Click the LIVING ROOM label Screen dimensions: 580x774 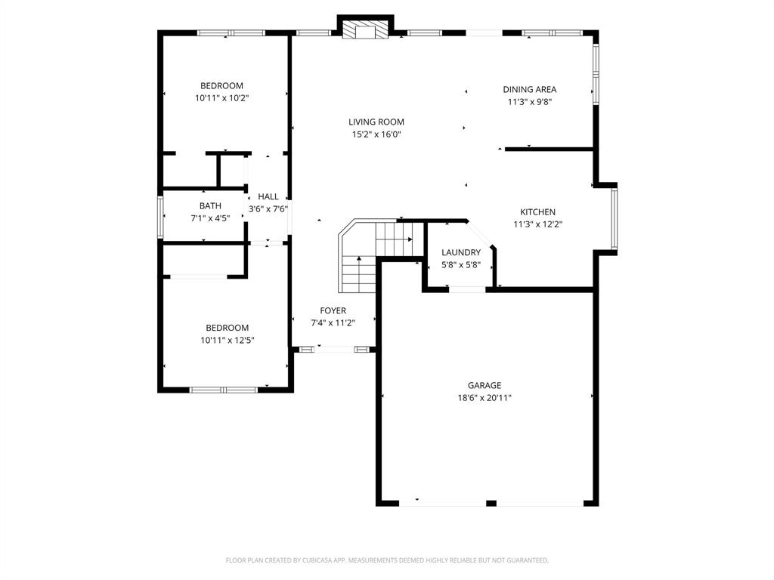[x=376, y=122]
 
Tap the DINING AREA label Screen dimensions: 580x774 [x=529, y=89]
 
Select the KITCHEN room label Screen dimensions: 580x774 [x=537, y=212]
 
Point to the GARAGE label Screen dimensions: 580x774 [x=484, y=385]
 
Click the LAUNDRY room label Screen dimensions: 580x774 [x=460, y=252]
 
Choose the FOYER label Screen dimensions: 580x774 [x=333, y=310]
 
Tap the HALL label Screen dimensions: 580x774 [x=268, y=196]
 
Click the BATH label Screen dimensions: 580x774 [x=210, y=205]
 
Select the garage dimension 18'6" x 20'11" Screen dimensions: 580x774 [x=484, y=398]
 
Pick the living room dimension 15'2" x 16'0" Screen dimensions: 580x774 [x=376, y=134]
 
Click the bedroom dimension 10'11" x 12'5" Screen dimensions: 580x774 [x=227, y=341]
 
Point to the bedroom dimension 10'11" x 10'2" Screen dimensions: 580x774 [x=221, y=98]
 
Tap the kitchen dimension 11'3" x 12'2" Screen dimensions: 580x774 [x=537, y=224]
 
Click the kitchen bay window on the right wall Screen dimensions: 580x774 [x=615, y=218]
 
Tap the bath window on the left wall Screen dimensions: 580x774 [x=160, y=217]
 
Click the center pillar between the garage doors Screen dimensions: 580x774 [x=491, y=503]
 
